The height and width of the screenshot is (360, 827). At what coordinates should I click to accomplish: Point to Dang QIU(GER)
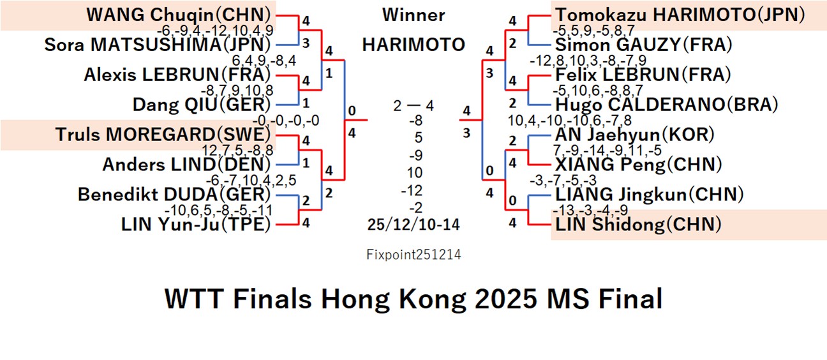coord(202,104)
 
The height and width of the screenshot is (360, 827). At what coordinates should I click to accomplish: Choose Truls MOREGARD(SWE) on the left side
coord(163,135)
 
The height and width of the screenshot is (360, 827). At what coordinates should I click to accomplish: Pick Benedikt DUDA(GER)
coord(174,194)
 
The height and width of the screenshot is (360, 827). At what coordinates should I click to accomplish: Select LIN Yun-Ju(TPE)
coord(196,224)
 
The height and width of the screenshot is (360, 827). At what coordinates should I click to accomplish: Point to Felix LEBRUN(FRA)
coord(643,75)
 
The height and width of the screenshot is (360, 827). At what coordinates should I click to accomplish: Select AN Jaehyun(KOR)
coord(634,135)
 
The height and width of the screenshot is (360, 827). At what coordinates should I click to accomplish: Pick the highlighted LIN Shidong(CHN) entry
coord(638,224)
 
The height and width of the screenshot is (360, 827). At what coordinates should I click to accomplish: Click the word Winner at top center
coord(413,15)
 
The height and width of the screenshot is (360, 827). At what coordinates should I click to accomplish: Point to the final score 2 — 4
coord(413,105)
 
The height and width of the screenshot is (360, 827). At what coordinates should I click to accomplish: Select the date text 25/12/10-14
coord(413,224)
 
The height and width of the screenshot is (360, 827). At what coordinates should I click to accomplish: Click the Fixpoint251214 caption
coord(413,255)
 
